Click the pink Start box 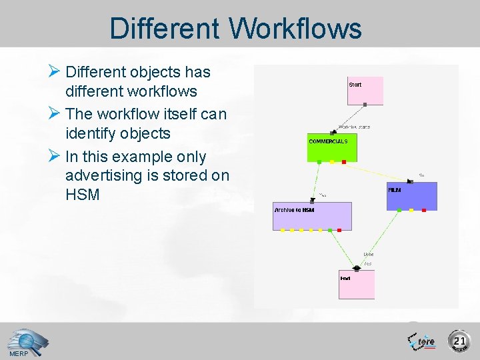[x=365, y=90]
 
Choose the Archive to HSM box [x=311, y=216]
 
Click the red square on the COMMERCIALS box [x=343, y=162]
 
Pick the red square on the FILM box [x=423, y=211]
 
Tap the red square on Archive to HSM [x=339, y=230]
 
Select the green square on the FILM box [x=399, y=211]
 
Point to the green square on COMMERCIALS [x=320, y=162]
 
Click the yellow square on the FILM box [x=411, y=211]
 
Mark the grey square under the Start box [x=365, y=105]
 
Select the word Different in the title [x=164, y=29]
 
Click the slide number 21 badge [x=459, y=341]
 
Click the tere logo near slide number [x=422, y=341]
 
